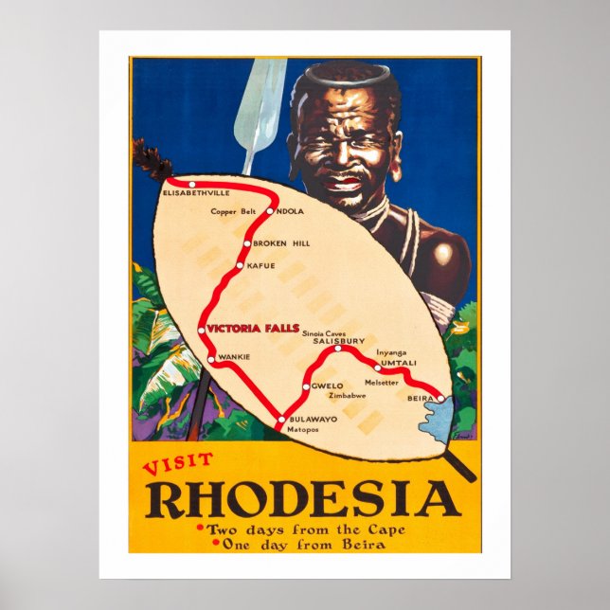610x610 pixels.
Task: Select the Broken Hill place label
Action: [281, 243]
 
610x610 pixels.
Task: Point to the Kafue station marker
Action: [240, 266]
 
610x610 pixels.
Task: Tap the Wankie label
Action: [233, 357]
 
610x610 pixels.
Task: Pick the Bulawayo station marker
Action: [279, 419]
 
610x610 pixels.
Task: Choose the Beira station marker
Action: [440, 399]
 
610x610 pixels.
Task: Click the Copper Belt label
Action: [234, 211]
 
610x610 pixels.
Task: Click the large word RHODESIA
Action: [302, 499]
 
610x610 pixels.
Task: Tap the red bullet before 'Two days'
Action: [198, 529]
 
